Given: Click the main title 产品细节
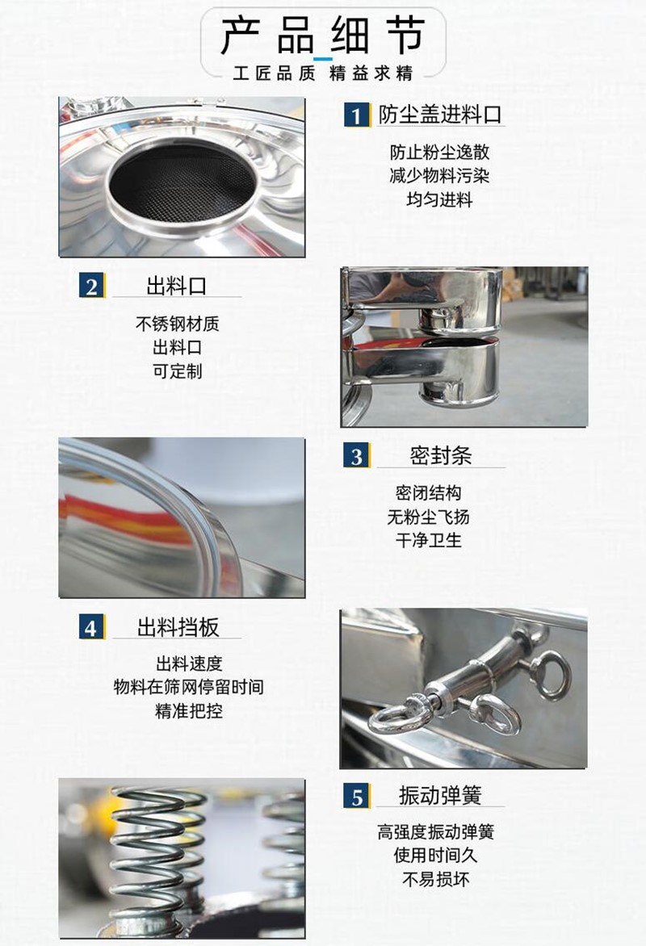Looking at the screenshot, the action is click(x=323, y=35).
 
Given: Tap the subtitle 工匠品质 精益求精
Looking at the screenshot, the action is click(x=323, y=73).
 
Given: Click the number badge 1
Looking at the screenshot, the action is click(x=357, y=115).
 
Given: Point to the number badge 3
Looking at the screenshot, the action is click(x=357, y=455).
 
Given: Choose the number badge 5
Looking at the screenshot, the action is click(x=357, y=796).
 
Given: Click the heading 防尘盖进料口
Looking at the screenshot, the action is click(x=440, y=114).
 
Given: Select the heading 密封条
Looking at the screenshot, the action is click(x=441, y=455).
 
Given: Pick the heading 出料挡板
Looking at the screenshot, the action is click(x=178, y=627).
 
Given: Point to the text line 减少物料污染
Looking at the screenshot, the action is click(x=439, y=176).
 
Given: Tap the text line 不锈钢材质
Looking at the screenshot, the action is click(x=177, y=324).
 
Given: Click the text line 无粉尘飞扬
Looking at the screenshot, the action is click(x=428, y=517).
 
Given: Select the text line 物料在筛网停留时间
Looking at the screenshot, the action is click(x=189, y=687).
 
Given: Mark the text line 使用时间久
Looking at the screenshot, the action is click(x=436, y=855).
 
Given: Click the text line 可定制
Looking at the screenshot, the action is click(x=177, y=371).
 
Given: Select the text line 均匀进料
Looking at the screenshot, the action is click(x=439, y=199).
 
